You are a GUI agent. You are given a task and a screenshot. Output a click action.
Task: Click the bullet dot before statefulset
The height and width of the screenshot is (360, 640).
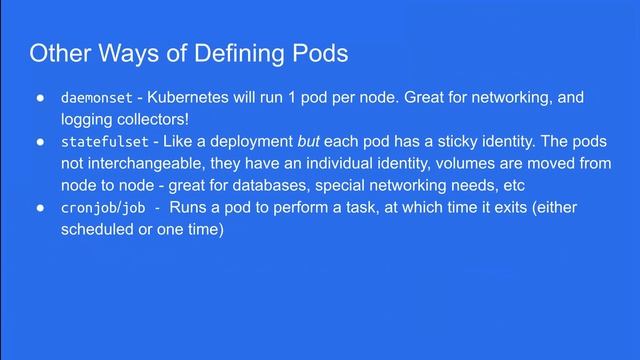tap(40, 143)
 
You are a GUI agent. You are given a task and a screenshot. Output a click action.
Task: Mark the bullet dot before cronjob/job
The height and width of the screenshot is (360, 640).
tap(40, 208)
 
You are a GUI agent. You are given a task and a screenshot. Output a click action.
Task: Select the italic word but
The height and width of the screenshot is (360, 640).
tap(309, 142)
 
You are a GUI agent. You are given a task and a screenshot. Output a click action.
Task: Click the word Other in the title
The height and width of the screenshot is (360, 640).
tap(56, 53)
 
